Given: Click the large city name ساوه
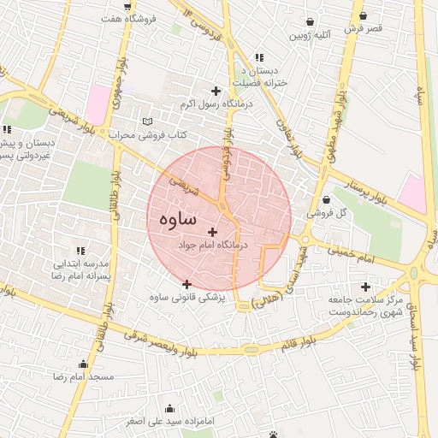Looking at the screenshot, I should tap(177, 219).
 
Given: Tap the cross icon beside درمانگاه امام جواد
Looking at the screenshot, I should tap(213, 231).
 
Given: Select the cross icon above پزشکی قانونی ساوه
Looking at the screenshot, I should tap(187, 284).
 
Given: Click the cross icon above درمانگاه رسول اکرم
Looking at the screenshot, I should tap(216, 91).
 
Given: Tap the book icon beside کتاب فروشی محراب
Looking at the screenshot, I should tap(148, 121).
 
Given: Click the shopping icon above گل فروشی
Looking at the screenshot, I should tap(325, 200).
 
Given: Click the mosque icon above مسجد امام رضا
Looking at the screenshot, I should tap(83, 364).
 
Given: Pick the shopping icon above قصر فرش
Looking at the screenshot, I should tap(364, 15).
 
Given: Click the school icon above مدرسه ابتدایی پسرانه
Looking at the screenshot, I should tap(80, 251).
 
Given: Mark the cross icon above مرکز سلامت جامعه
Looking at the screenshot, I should tap(367, 287).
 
